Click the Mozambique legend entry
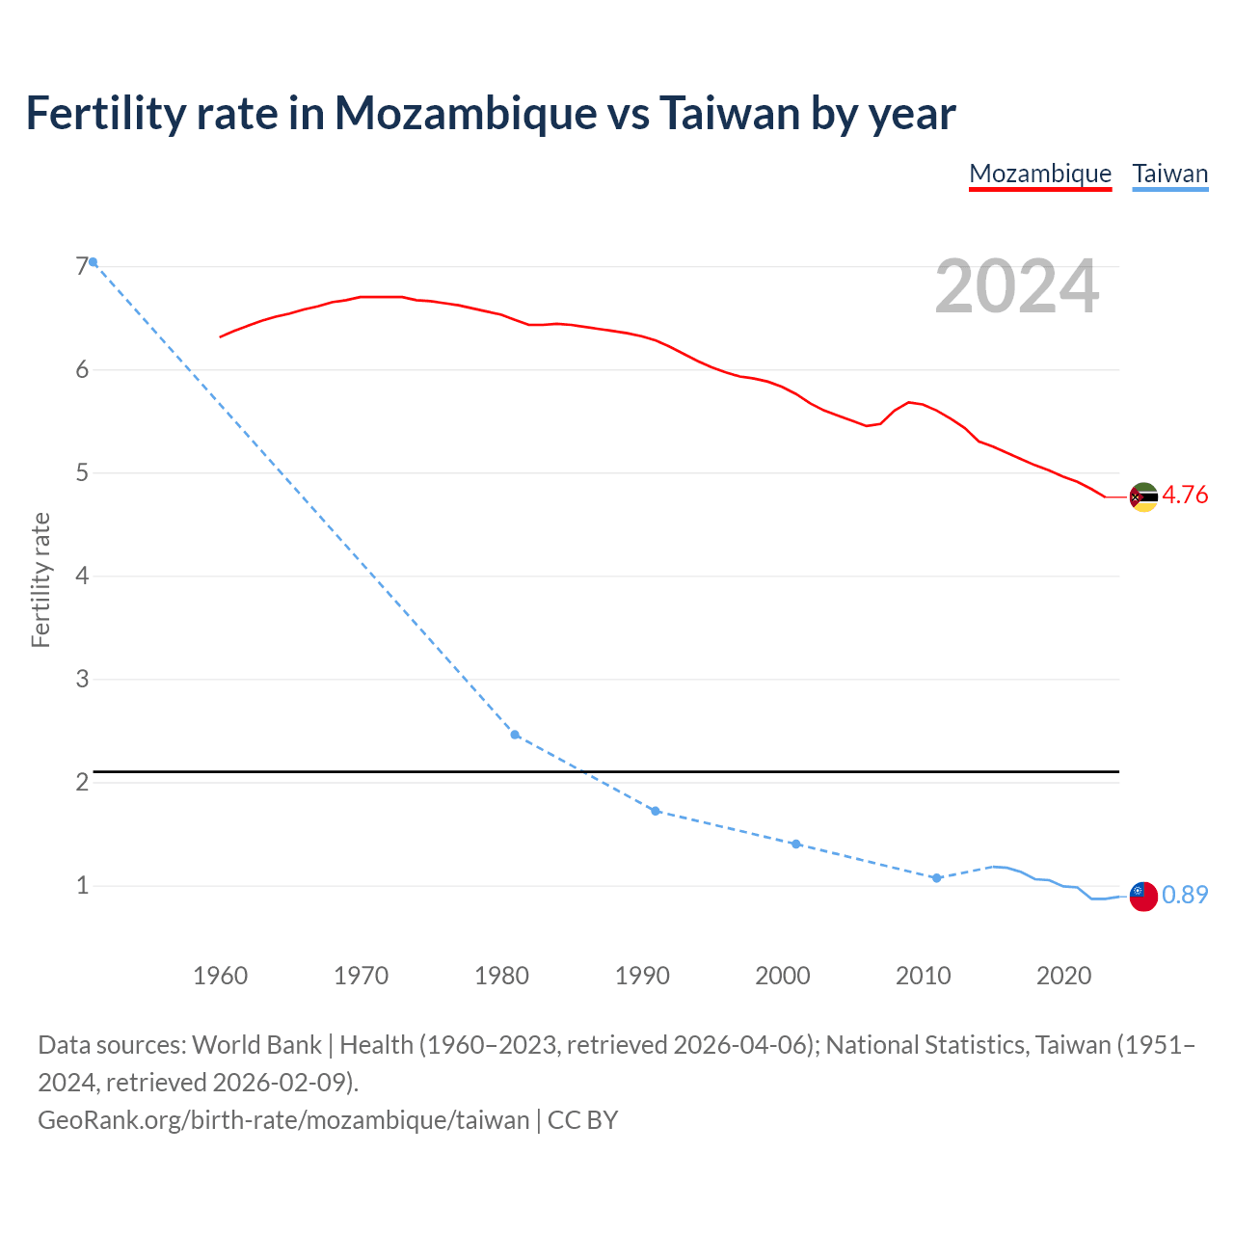[x=1040, y=174]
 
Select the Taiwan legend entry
[x=1169, y=174]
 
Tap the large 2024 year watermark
[x=1016, y=286]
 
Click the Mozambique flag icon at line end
[x=1142, y=497]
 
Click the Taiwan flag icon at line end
[x=1142, y=896]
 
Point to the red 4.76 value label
[x=1185, y=496]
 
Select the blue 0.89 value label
[x=1185, y=896]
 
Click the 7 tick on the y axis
[x=82, y=266]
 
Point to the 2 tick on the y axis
[x=82, y=782]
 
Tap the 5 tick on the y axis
[x=82, y=472]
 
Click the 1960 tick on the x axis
[x=220, y=976]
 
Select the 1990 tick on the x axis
[x=642, y=976]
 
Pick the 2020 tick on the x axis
[x=1063, y=976]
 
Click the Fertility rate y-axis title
[x=40, y=580]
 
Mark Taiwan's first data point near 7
[x=93, y=262]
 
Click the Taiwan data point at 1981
[x=515, y=735]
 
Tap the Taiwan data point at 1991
[x=656, y=811]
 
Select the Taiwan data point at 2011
[x=936, y=878]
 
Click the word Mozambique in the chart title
[x=466, y=113]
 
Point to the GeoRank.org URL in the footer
[x=283, y=1120]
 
